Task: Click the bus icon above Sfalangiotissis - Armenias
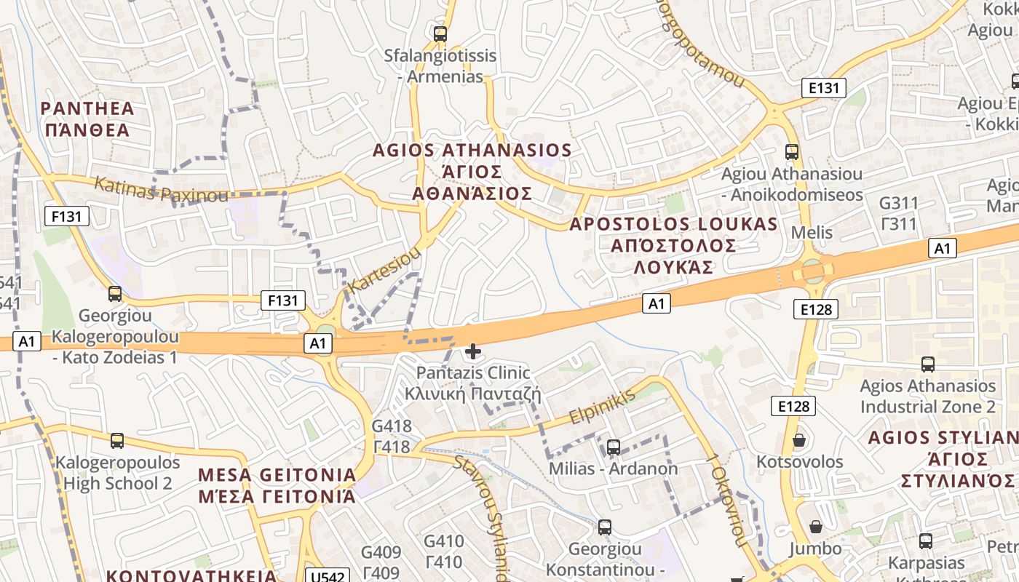pos(440,33)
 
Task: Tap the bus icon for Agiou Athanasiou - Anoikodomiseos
pos(792,152)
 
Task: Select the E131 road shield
pos(824,88)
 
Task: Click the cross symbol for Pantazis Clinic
pos(473,352)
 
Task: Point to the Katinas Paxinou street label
pos(161,190)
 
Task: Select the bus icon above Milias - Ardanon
pos(614,447)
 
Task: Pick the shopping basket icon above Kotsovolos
pos(799,440)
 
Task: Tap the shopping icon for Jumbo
pos(816,526)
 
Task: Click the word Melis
pos(812,234)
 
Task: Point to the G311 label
pos(899,203)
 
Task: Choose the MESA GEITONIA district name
pos(277,475)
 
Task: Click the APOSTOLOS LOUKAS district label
pos(673,224)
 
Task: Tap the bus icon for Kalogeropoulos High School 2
pos(117,440)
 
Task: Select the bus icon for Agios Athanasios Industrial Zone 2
pos(927,364)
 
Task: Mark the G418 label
pos(392,426)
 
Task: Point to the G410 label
pos(443,541)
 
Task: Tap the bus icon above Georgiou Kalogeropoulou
pos(115,294)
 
